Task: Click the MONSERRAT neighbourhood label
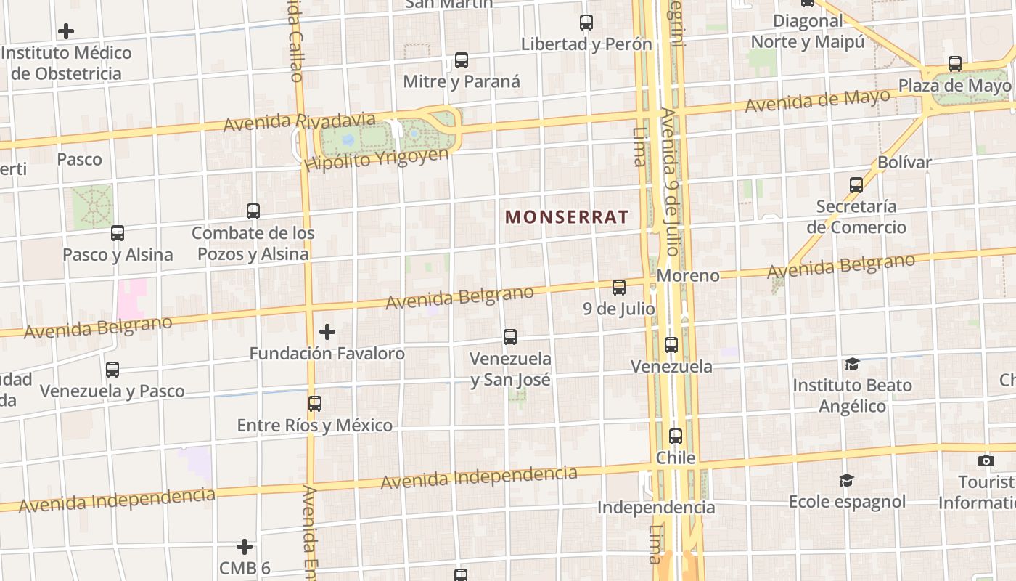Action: (x=566, y=216)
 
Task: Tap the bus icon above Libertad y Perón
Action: (x=586, y=23)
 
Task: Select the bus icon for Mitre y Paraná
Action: (x=462, y=60)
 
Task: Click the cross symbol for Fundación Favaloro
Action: (x=327, y=332)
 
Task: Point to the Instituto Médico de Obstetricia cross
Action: (x=66, y=31)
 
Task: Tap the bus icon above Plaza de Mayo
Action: (x=955, y=64)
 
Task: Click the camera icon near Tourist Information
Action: (x=986, y=460)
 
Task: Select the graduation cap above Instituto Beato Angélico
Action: (x=852, y=364)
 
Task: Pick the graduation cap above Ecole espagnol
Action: (x=846, y=481)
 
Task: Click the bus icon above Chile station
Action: (x=676, y=436)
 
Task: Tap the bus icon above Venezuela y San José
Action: (x=510, y=337)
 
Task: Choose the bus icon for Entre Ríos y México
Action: (x=315, y=404)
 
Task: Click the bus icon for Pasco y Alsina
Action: (x=118, y=233)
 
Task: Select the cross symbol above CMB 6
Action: (x=245, y=546)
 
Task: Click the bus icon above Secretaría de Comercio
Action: (x=856, y=185)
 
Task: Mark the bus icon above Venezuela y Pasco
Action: (x=112, y=370)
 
